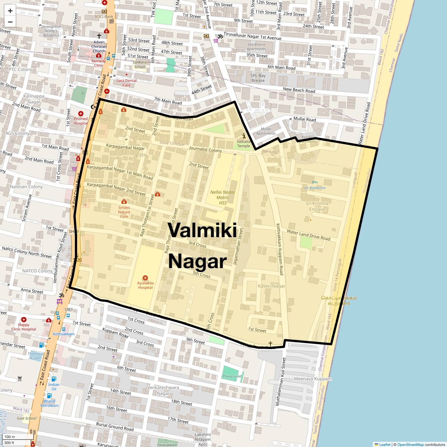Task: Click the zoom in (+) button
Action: point(10,11)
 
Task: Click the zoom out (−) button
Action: point(10,22)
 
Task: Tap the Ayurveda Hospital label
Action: point(145,285)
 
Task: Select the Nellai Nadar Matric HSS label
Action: point(223,197)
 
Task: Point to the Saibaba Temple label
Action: point(244,143)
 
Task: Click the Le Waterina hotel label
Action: point(315,188)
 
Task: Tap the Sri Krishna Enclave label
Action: point(317,206)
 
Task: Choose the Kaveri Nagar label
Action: point(272,286)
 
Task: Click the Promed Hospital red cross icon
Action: point(80,114)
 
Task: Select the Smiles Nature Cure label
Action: point(124,212)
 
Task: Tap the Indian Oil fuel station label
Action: point(54,387)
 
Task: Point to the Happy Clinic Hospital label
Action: point(24,327)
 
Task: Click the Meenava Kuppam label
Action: point(313,379)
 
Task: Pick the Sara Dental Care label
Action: point(126,83)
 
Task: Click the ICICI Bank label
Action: point(104,16)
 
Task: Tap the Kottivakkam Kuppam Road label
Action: point(280,249)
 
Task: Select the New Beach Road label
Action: point(299,90)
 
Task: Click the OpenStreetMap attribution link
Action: point(410,444)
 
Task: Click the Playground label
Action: point(232,376)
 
